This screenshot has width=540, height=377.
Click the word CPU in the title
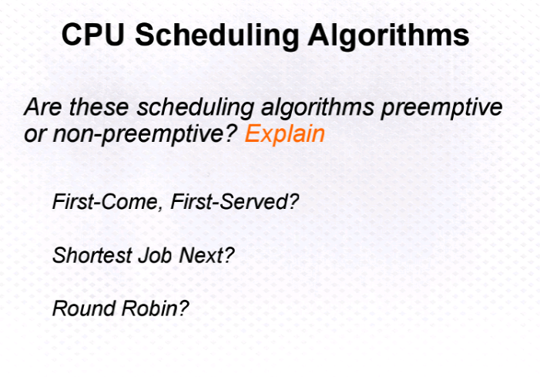point(93,35)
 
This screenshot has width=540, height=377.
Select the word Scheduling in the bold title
point(217,36)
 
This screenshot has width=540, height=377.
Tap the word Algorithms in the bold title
point(388,36)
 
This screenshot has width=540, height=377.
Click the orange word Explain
point(285,134)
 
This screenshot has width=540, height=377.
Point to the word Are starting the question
point(43,107)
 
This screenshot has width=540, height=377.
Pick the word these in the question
point(99,107)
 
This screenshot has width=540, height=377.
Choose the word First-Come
point(107,202)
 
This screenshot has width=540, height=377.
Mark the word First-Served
point(230,201)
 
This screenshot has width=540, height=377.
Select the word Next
point(202,255)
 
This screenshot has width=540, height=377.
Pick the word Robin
point(150,308)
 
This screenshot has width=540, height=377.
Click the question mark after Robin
point(184,308)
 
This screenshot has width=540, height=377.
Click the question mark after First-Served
point(294,201)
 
